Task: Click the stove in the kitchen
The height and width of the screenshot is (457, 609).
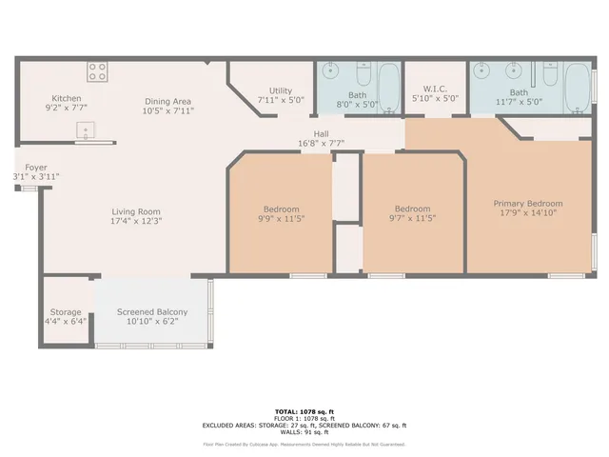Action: pyautogui.click(x=98, y=71)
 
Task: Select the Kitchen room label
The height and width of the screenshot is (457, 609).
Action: pyautogui.click(x=67, y=98)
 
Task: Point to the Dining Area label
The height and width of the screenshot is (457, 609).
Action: pyautogui.click(x=168, y=101)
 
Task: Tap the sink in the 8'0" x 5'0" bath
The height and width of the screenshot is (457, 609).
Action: pyautogui.click(x=329, y=71)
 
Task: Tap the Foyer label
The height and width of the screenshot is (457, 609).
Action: pyautogui.click(x=23, y=168)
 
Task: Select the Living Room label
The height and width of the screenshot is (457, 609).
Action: pyautogui.click(x=136, y=211)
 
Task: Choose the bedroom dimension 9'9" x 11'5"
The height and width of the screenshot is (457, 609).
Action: pyautogui.click(x=282, y=219)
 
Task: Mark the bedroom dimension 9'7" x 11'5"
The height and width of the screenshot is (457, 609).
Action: pyautogui.click(x=413, y=219)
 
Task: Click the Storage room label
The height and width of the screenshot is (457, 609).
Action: pyautogui.click(x=66, y=312)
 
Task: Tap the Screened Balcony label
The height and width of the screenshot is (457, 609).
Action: pyautogui.click(x=152, y=312)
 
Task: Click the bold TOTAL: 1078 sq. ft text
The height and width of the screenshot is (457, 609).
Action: pyautogui.click(x=304, y=411)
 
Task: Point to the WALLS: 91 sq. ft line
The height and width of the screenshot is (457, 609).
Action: pyautogui.click(x=304, y=431)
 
